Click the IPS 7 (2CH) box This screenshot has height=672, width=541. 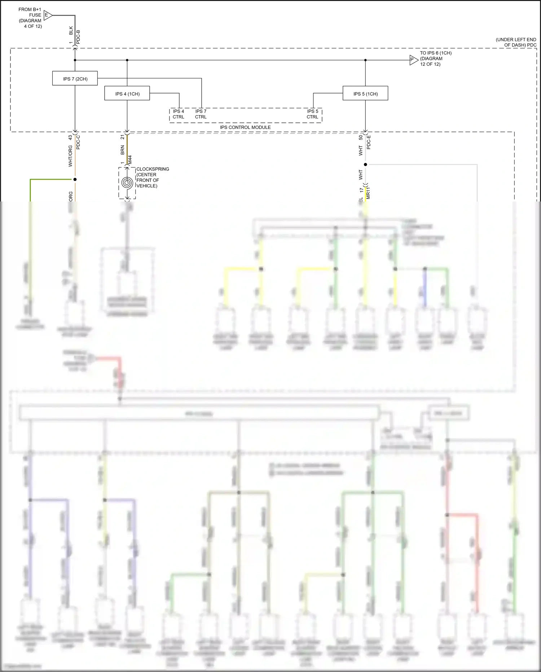(75, 78)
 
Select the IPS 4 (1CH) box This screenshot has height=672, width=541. (127, 94)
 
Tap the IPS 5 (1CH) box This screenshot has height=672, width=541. (365, 94)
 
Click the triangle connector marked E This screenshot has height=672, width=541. (47, 15)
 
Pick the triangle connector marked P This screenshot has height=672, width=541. (413, 60)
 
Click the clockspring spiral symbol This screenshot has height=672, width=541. (127, 183)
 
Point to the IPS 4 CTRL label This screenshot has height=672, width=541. (179, 114)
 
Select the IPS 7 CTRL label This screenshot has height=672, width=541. (201, 114)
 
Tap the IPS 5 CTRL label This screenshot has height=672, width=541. (312, 114)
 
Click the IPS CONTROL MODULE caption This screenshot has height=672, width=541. (245, 127)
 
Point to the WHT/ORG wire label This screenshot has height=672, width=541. (70, 156)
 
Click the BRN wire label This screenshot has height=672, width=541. (123, 150)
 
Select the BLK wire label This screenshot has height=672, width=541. (71, 30)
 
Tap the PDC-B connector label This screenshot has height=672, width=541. (78, 37)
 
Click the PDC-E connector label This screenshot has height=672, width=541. (369, 142)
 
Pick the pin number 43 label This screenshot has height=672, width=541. (70, 138)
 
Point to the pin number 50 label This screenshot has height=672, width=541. (361, 138)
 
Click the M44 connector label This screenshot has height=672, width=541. (130, 160)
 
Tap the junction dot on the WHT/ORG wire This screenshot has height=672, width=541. (75, 179)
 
